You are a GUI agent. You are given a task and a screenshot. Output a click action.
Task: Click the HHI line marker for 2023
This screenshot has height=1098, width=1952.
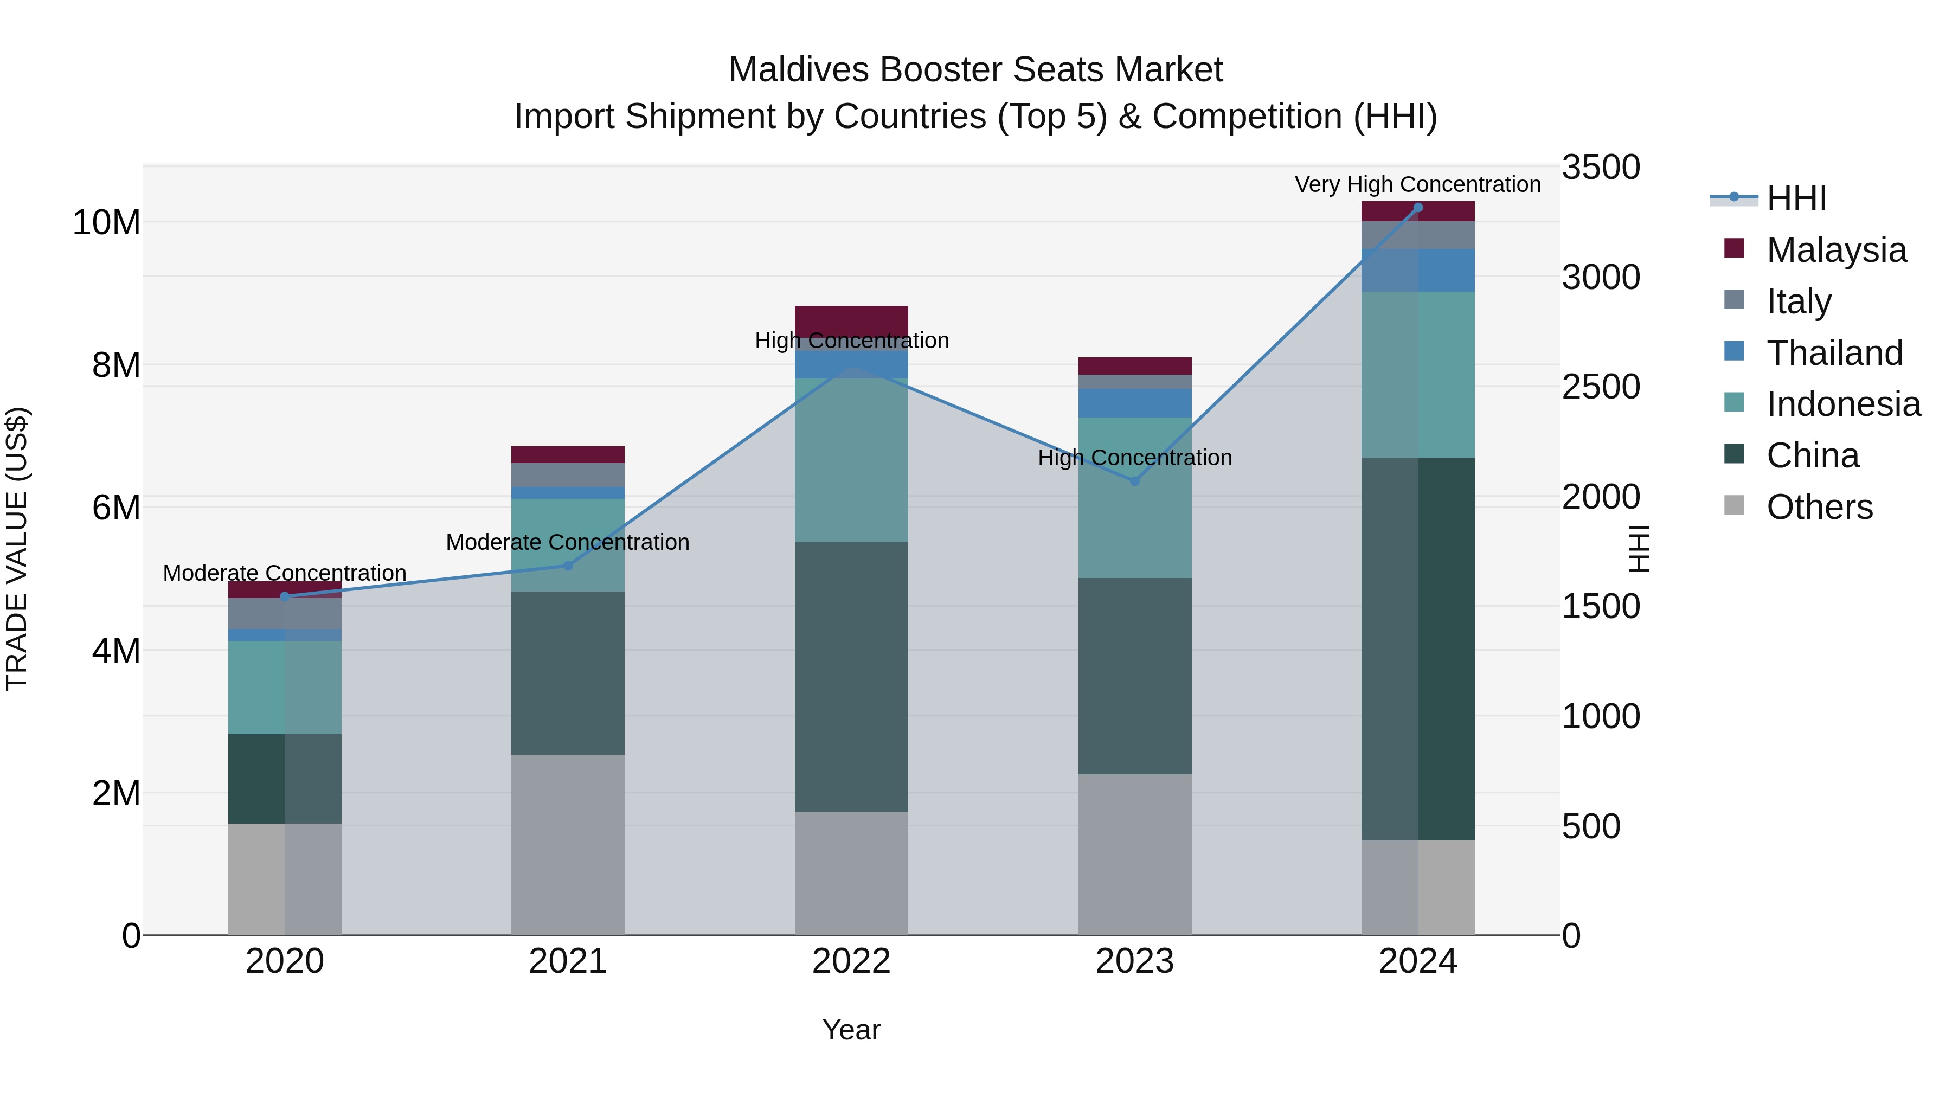click(1134, 481)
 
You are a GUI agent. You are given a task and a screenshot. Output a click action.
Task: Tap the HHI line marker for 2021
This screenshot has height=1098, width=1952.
click(568, 566)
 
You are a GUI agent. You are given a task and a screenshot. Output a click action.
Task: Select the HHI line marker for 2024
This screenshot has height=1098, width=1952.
click(1418, 208)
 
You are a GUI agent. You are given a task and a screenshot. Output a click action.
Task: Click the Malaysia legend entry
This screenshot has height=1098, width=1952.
click(1836, 250)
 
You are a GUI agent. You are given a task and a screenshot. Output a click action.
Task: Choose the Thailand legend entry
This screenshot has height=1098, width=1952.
click(1834, 353)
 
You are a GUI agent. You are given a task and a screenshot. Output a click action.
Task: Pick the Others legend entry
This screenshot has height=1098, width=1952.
click(1819, 507)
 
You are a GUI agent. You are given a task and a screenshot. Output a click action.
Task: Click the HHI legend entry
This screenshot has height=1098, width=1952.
click(1796, 198)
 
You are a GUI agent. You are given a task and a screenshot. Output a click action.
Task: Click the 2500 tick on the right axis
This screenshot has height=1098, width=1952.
click(1601, 387)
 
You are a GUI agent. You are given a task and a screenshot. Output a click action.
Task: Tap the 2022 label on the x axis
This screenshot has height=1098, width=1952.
click(851, 961)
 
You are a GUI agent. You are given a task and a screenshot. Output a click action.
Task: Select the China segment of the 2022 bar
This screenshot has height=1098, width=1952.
click(851, 676)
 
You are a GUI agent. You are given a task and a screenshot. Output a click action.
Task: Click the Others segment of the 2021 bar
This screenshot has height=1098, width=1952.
click(568, 844)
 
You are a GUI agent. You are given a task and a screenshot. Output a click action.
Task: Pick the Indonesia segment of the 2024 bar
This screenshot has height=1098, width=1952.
click(1418, 374)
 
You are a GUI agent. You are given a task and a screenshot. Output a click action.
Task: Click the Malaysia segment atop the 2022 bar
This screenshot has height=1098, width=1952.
click(851, 317)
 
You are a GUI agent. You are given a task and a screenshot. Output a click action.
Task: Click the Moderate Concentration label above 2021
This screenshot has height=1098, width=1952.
click(568, 543)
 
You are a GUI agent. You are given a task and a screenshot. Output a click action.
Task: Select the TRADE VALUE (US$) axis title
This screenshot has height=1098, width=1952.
click(17, 549)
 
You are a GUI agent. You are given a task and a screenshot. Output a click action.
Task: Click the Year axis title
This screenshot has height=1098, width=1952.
click(851, 1030)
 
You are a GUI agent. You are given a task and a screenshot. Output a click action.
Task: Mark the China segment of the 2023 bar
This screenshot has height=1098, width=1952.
click(1134, 676)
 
